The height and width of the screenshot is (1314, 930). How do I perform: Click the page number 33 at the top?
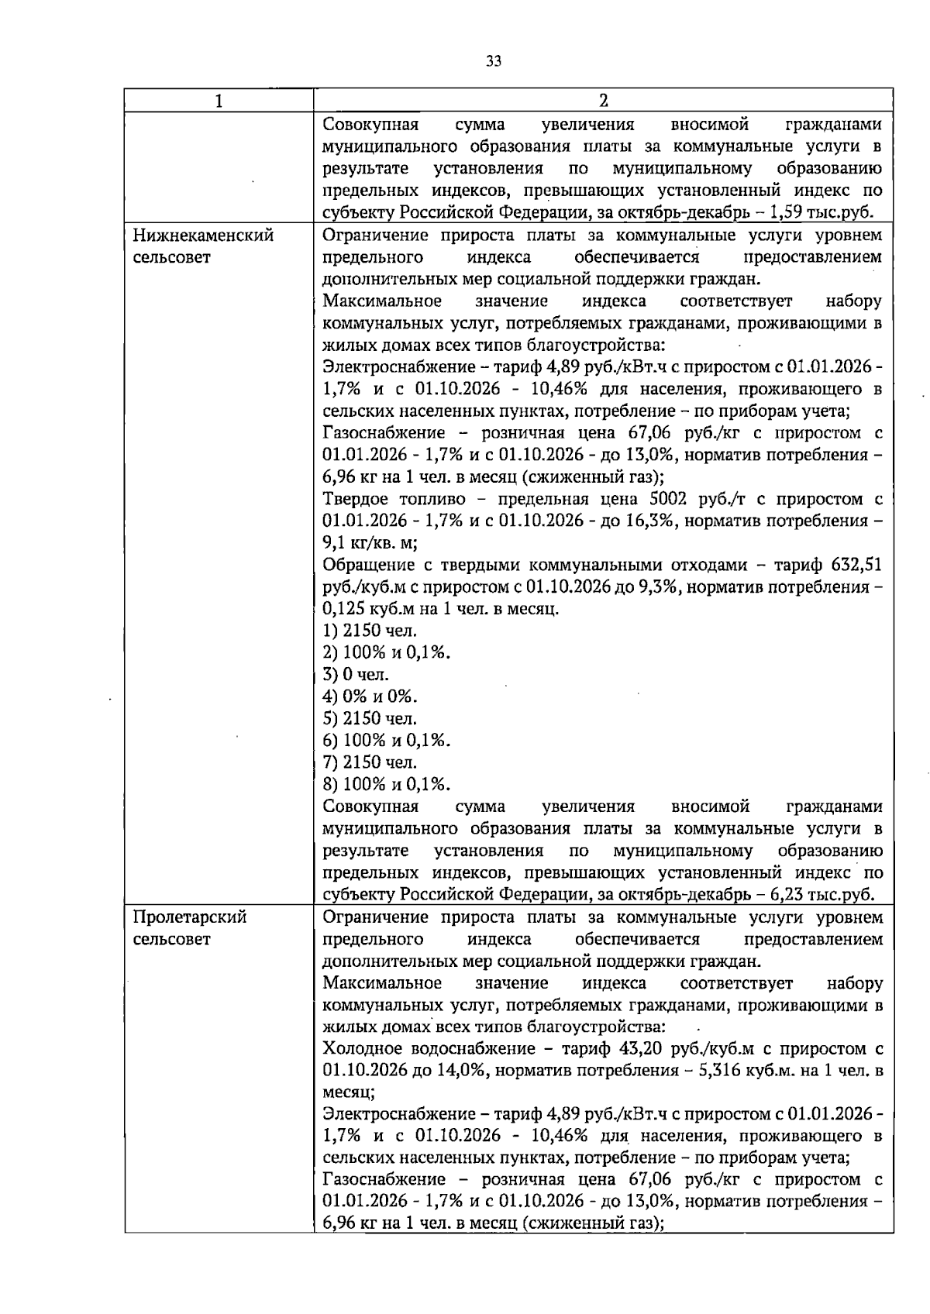point(494,62)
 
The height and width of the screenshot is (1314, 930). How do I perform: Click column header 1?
point(219,100)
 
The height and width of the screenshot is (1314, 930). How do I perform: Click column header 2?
point(603,100)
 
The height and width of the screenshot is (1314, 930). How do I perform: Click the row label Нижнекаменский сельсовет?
point(203,246)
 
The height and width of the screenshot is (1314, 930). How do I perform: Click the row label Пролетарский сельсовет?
point(190,927)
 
